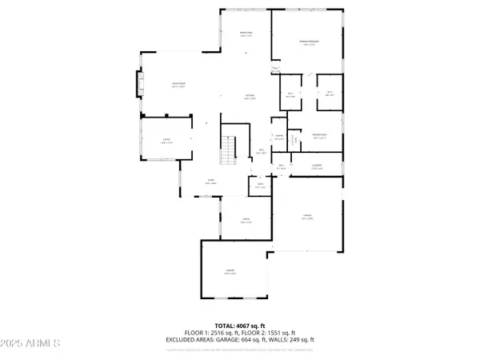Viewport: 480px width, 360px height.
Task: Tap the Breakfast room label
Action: point(246,34)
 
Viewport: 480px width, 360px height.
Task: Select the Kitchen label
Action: point(250,98)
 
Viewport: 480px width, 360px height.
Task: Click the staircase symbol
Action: point(229,149)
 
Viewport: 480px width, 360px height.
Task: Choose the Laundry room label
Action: point(317,166)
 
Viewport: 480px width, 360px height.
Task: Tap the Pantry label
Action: point(279,136)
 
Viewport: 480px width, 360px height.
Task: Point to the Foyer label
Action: point(212,182)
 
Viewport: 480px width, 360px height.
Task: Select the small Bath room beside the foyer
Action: point(261,186)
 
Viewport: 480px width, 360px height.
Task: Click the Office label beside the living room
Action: point(166,142)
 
